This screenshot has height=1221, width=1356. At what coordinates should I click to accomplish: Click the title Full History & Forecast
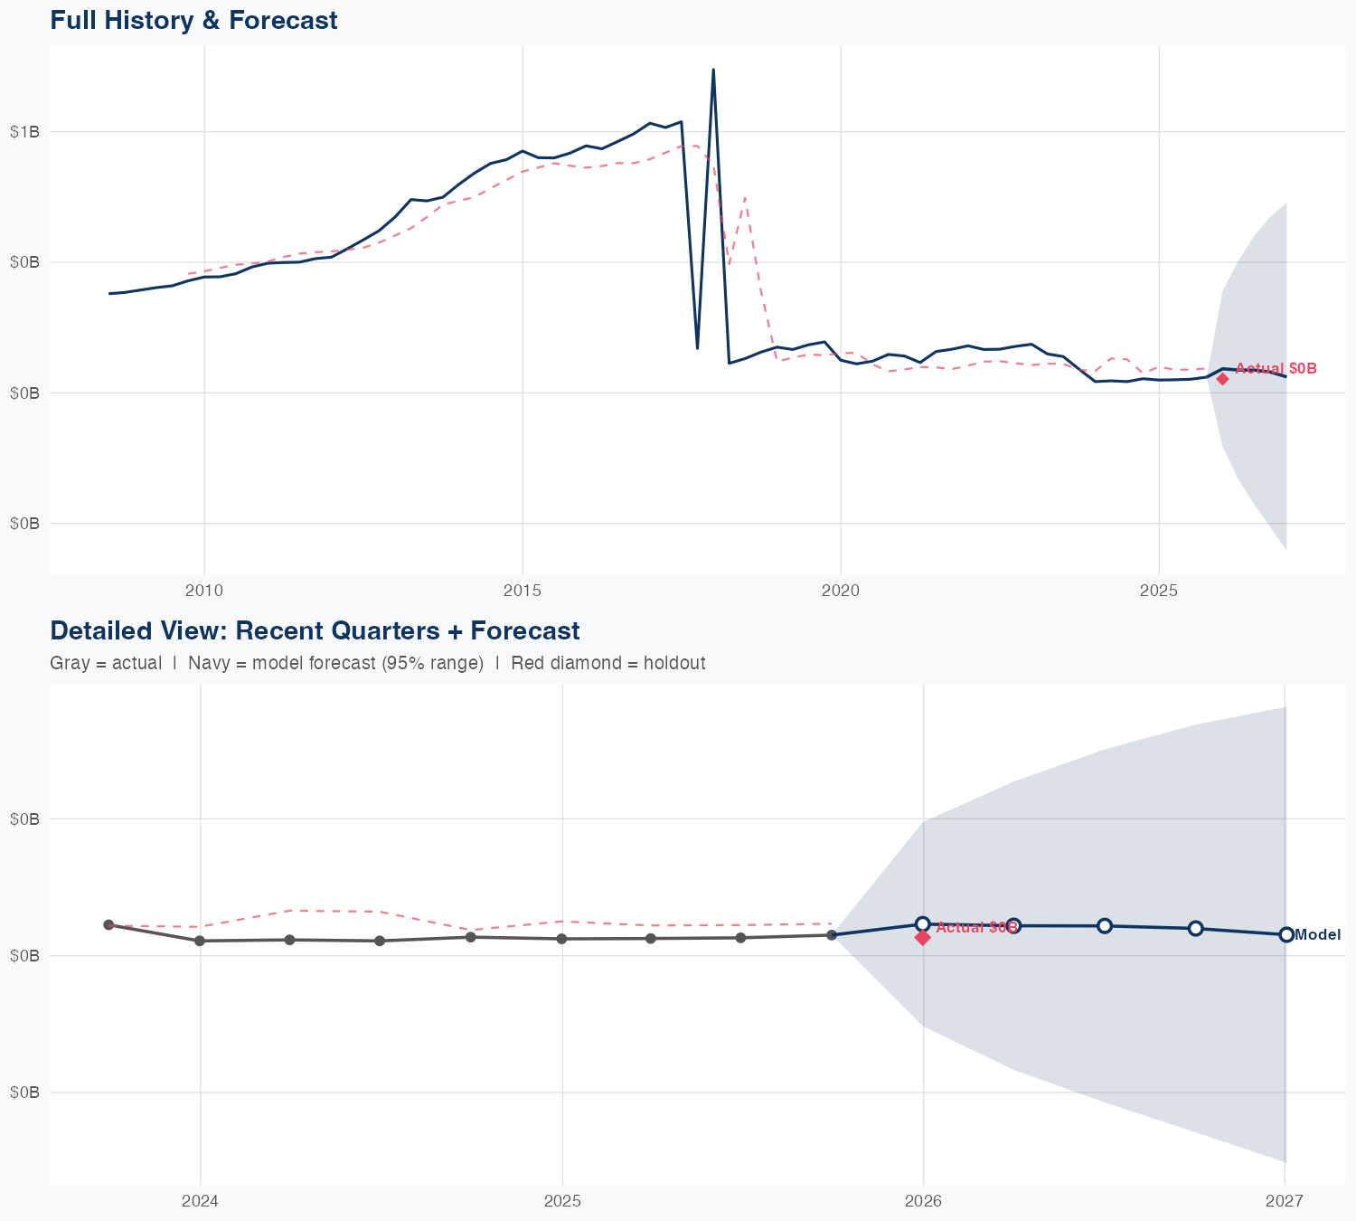(193, 20)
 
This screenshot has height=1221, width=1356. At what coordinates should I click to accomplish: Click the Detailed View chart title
(315, 630)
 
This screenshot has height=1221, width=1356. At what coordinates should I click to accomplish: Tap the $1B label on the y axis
(24, 132)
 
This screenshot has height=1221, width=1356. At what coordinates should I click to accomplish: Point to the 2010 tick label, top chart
(203, 591)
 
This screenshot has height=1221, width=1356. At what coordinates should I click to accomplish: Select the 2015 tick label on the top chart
(522, 591)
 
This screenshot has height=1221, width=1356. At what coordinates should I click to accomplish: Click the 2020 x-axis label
(840, 591)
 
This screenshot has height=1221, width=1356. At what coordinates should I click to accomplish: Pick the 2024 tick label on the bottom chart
(200, 1201)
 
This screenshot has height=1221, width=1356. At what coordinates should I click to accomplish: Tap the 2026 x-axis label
(923, 1201)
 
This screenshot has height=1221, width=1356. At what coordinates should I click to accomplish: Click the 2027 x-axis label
(1285, 1201)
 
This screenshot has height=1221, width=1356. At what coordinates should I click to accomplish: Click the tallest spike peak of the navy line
(713, 70)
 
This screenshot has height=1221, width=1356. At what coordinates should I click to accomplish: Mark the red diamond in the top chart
(1222, 379)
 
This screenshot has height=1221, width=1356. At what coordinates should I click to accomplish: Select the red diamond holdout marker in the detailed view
(923, 938)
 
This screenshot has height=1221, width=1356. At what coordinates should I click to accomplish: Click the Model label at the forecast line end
(1317, 935)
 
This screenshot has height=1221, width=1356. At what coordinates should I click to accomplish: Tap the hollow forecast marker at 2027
(1285, 934)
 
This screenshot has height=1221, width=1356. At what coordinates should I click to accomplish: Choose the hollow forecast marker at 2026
(923, 923)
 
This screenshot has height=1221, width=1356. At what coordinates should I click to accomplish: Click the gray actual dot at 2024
(200, 941)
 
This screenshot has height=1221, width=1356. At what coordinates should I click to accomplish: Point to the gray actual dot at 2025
(561, 939)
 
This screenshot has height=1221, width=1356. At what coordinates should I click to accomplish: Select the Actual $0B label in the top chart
(1276, 368)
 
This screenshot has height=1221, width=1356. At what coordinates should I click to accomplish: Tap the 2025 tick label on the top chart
(1158, 591)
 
